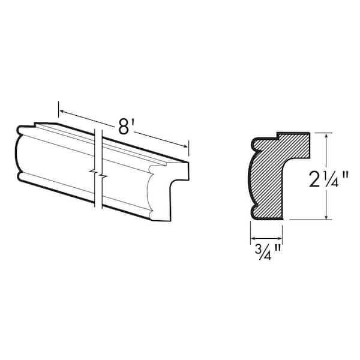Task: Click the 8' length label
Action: (124, 127)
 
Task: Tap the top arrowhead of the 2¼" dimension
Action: (326, 136)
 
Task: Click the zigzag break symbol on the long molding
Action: (98, 175)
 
